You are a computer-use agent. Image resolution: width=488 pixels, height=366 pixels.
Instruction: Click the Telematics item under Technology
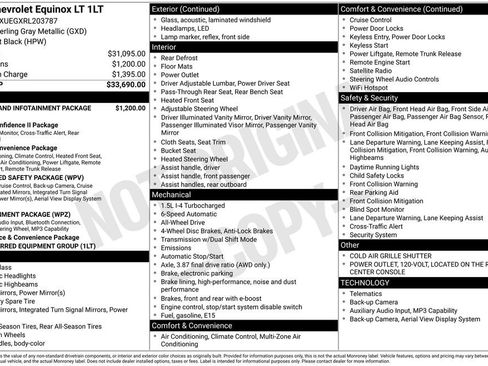pos(371,295)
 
